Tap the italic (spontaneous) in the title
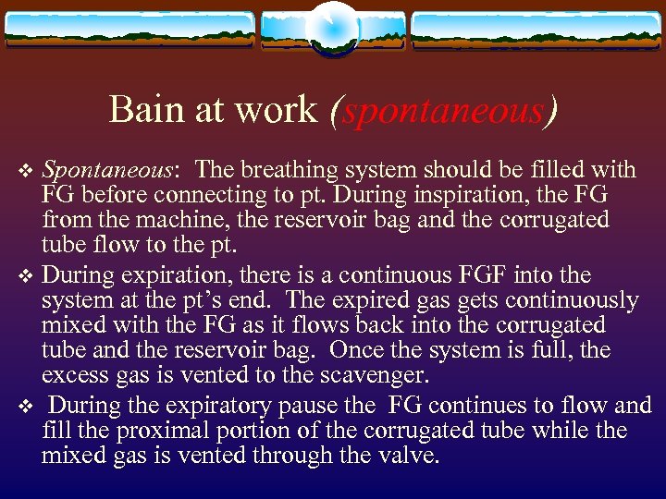click(444, 111)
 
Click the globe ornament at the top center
click(332, 28)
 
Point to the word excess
click(72, 375)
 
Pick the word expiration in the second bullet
click(163, 275)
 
